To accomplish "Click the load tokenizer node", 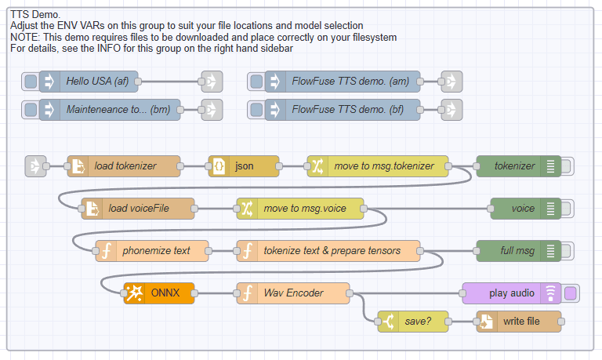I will [125, 165].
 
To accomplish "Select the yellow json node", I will [244, 165].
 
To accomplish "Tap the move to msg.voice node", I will [302, 209].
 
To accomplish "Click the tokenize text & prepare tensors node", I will [331, 251].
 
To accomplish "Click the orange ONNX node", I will [160, 293].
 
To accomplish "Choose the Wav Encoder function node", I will [294, 293].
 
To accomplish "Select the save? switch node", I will [416, 322].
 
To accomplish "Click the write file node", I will [519, 322].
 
